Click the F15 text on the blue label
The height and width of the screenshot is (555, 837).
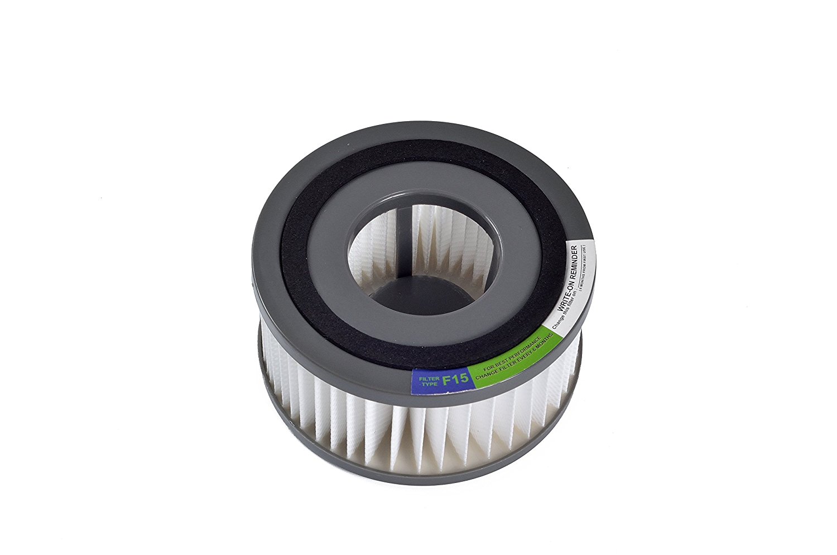[x=455, y=381]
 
